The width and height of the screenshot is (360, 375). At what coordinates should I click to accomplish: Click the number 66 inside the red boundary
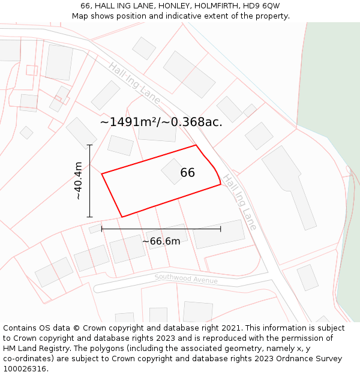[x=187, y=173]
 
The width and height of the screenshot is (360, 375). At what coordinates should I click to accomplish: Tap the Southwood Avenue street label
[x=186, y=279]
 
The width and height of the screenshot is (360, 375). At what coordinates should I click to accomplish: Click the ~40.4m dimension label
[x=78, y=181]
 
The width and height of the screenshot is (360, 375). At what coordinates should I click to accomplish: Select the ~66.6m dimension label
[x=161, y=241]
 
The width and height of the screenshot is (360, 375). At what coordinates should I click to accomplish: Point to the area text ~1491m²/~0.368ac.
[x=161, y=122]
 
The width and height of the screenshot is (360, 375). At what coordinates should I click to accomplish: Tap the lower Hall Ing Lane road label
[x=240, y=202]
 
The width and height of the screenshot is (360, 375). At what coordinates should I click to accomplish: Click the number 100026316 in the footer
[x=24, y=368]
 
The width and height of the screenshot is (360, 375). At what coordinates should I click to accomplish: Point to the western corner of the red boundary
[x=102, y=174]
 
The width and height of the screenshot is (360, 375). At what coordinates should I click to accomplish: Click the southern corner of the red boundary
[x=122, y=217]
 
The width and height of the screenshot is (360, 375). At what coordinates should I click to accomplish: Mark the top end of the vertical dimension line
[x=90, y=145]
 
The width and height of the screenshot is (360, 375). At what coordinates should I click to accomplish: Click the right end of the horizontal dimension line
[x=220, y=229]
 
